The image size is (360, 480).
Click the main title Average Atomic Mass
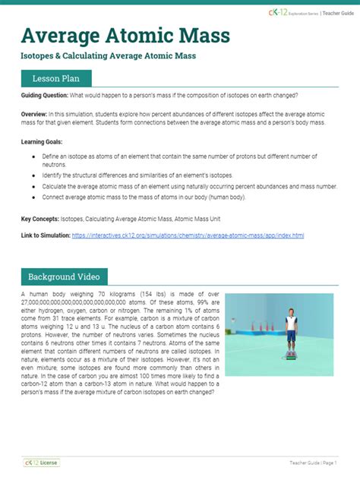click(x=125, y=36)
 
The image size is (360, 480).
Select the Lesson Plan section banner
click(x=57, y=78)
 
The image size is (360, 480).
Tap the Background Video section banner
click(x=65, y=276)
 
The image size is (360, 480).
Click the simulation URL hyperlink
click(x=188, y=235)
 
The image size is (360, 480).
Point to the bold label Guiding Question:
click(x=45, y=95)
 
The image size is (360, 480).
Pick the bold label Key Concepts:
click(x=39, y=219)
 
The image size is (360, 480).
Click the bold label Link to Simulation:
click(x=45, y=235)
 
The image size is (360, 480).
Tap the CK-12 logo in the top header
click(x=278, y=13)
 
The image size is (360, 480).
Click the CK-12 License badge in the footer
click(x=42, y=462)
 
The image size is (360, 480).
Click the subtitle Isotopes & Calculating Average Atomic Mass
click(x=109, y=56)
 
